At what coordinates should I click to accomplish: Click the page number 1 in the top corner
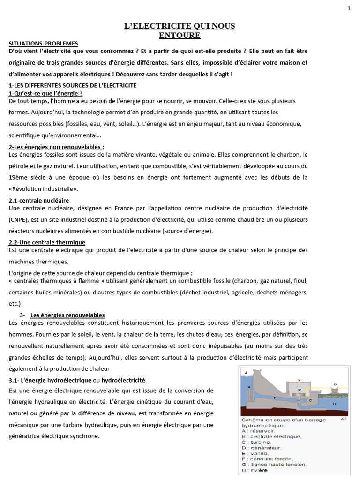point(349,7)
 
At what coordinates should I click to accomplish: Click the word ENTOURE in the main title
point(180,35)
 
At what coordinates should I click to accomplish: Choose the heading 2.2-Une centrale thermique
point(47,242)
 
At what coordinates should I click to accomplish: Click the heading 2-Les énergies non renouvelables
point(56,147)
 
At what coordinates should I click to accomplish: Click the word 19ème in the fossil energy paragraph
point(19,177)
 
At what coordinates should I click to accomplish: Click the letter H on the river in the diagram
point(334,403)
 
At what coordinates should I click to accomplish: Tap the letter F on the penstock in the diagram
point(275,397)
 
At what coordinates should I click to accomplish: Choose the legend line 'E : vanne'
point(255,453)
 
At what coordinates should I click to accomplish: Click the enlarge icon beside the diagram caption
point(344,419)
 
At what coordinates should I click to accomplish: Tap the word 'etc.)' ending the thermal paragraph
point(15,303)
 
